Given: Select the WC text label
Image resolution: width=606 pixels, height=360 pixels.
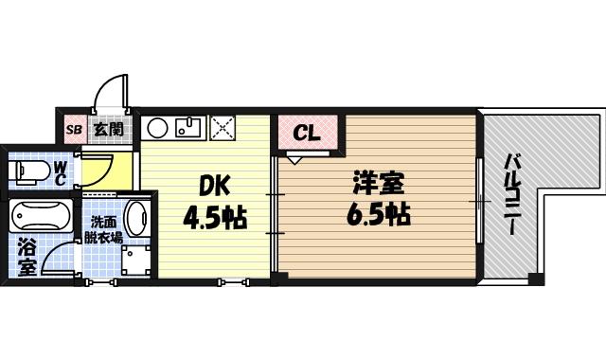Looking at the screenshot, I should pos(60,172).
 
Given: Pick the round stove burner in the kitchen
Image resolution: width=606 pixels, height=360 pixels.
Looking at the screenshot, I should pos(158,126).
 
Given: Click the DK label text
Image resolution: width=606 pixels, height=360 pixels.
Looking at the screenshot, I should pos(214,185).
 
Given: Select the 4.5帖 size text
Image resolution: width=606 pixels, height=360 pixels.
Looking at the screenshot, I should pos(214,219).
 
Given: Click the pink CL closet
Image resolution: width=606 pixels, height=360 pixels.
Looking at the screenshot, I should pos(306,133).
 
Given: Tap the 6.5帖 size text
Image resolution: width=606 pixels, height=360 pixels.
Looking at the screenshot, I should pos(377,214).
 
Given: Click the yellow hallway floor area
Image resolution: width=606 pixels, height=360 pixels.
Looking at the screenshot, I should pos(96,168).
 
